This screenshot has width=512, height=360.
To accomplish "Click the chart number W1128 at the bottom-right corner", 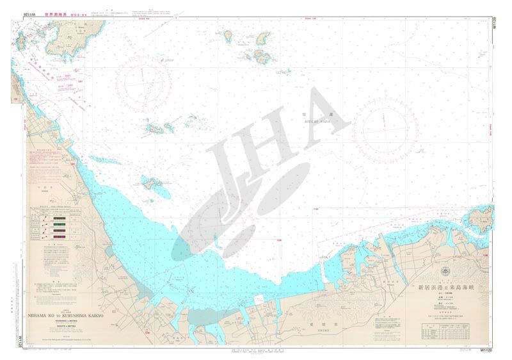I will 486,350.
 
